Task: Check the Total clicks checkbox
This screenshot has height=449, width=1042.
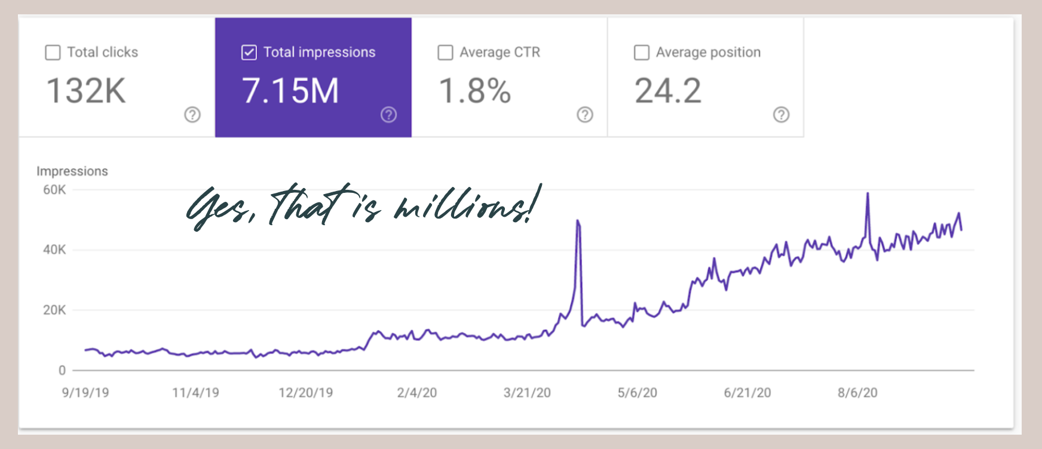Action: click(53, 53)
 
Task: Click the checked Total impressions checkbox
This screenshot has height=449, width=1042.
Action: click(249, 53)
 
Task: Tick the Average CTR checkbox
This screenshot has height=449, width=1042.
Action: click(445, 53)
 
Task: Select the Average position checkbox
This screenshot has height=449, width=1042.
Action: click(641, 53)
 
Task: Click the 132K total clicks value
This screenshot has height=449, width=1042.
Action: click(86, 91)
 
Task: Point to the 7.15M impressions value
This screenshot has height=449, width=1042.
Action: click(290, 91)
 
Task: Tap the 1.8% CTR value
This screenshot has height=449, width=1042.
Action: click(475, 91)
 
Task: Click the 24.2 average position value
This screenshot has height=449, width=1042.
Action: click(668, 91)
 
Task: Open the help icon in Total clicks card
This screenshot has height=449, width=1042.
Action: click(192, 115)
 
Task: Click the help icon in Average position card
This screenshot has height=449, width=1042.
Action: click(781, 115)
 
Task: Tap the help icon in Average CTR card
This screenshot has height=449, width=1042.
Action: click(585, 115)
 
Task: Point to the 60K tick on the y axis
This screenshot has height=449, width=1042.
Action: click(54, 190)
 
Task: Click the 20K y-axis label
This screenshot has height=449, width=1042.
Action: click(54, 310)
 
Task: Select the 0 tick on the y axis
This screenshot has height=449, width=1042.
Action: click(62, 370)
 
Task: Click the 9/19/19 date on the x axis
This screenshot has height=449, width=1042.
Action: click(85, 393)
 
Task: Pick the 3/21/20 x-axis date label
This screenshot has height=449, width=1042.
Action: click(527, 393)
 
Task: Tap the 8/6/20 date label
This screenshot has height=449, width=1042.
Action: click(857, 393)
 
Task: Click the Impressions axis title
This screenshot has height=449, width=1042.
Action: click(72, 171)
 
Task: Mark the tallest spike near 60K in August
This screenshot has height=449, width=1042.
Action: click(868, 194)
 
